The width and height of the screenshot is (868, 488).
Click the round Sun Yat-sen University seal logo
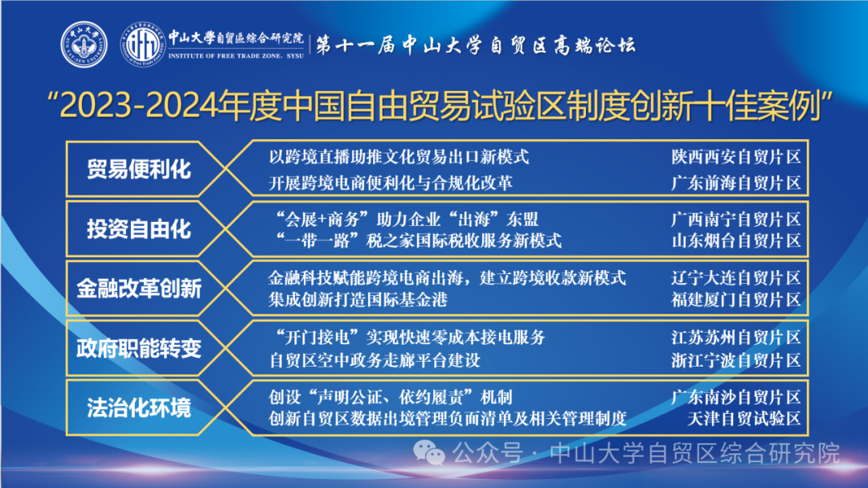[84, 44]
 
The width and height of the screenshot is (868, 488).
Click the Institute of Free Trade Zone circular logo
[143, 44]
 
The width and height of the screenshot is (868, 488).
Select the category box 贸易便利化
[139, 169]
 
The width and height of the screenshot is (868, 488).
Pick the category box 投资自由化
[139, 229]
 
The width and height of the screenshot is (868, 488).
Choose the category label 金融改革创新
[139, 289]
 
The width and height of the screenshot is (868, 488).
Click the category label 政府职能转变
[139, 348]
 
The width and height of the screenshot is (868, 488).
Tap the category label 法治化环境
[139, 408]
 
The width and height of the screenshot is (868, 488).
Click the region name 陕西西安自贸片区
[735, 157]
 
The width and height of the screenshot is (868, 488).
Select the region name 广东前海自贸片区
[735, 182]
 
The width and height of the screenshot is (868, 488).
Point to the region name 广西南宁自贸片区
[735, 219]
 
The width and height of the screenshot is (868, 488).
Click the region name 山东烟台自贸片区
[735, 241]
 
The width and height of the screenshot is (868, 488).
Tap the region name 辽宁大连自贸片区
[735, 278]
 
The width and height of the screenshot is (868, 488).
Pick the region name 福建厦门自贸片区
[735, 300]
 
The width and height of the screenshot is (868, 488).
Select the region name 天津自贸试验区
[743, 418]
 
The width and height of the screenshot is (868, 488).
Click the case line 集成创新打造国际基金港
[358, 300]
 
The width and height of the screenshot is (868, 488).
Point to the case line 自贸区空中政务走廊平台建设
[375, 361]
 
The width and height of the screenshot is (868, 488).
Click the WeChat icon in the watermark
[429, 453]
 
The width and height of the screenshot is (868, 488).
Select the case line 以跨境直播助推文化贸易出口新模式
[399, 157]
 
